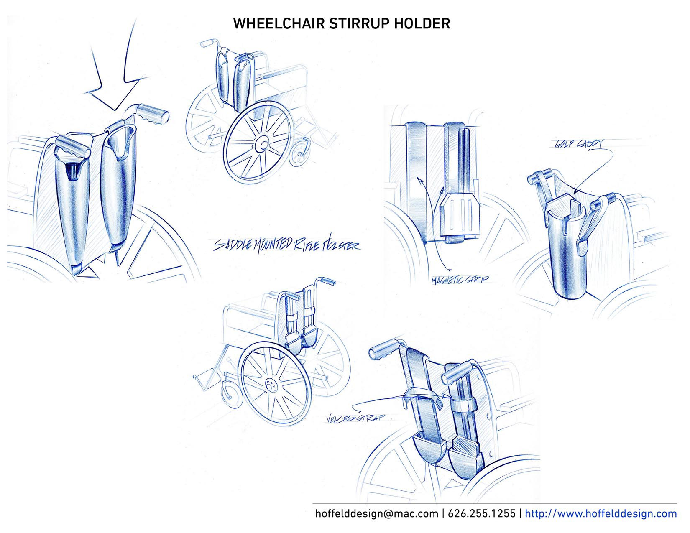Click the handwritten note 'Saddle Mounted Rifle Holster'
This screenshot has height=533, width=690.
tap(286, 245)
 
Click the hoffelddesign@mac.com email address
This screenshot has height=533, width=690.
tap(376, 513)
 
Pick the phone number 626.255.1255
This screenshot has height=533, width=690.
tap(481, 513)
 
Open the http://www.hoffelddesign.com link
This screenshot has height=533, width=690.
tap(601, 513)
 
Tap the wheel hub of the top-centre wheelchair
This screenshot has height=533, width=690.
tap(261, 145)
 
